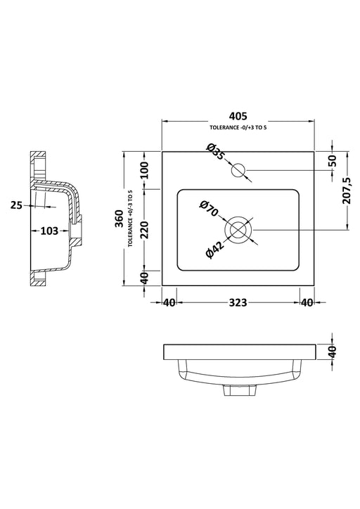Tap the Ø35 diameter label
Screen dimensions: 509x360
click(215, 152)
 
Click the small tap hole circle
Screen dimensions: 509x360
click(238, 169)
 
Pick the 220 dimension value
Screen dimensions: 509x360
click(144, 229)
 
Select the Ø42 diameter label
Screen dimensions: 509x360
click(216, 251)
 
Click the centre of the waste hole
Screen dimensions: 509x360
click(238, 230)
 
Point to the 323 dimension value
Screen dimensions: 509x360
click(238, 303)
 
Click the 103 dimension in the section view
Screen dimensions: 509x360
click(48, 230)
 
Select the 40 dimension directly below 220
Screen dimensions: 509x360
click(144, 278)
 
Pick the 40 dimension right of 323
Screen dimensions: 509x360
click(306, 303)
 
